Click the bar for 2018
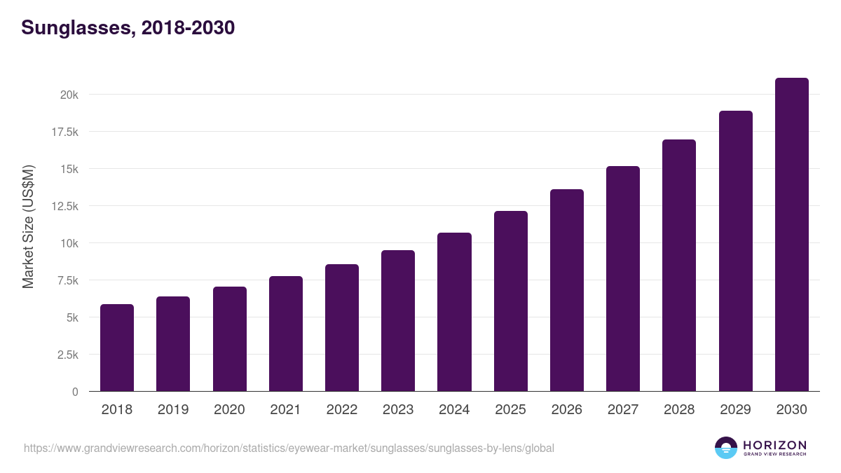pos(117,348)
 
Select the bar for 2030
pos(791,235)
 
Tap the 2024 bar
pos(454,312)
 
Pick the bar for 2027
pos(623,279)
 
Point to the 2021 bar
pos(286,334)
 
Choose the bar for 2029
pos(735,251)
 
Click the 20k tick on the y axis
pos(68,95)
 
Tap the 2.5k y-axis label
pos(67,355)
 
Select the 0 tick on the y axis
pos(74,392)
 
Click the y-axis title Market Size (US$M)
pos(28,226)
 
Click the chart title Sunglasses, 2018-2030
pos(128,28)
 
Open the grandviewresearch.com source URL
pos(289,448)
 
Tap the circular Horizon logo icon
pos(725,448)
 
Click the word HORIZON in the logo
pos(774,445)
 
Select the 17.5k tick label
pos(64,132)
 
